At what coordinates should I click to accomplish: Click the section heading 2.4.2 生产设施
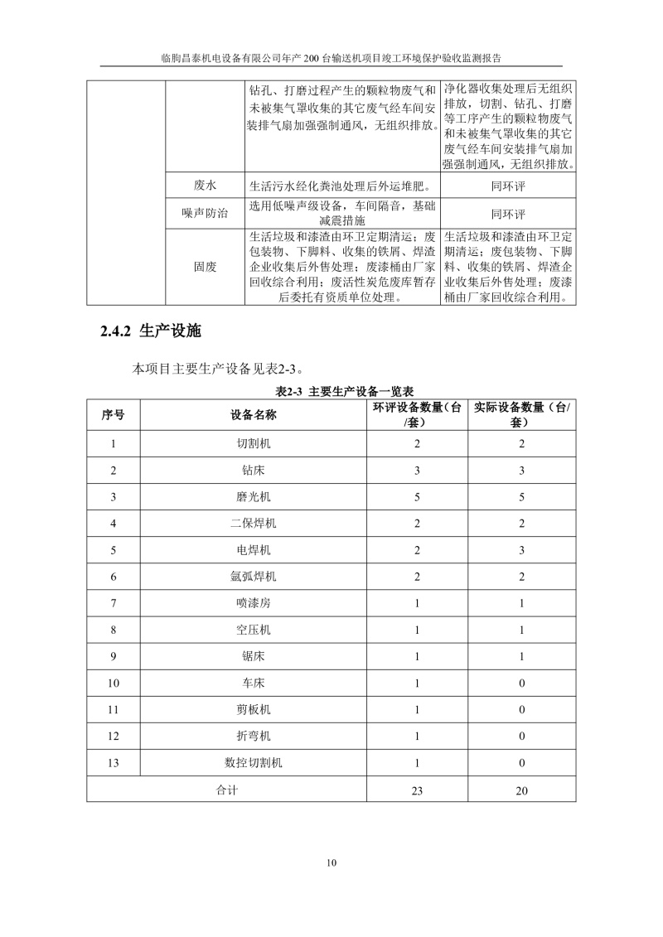[x=150, y=331]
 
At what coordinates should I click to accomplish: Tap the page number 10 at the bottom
[x=331, y=864]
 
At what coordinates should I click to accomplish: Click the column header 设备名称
[x=253, y=414]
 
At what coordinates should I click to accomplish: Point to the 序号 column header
[x=114, y=414]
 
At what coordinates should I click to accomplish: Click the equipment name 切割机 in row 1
[x=253, y=444]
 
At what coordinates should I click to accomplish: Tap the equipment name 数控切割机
[x=253, y=763]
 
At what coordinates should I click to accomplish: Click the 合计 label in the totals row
[x=225, y=790]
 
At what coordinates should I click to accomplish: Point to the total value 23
[x=417, y=790]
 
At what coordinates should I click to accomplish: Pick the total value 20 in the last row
[x=521, y=790]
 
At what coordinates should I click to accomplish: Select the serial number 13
[x=114, y=763]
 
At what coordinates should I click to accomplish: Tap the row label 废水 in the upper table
[x=205, y=186]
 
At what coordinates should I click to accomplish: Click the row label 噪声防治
[x=205, y=212]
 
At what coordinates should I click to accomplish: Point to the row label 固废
[x=205, y=267]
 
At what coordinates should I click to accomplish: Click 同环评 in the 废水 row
[x=508, y=186]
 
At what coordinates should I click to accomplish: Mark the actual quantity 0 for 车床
[x=521, y=683]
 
